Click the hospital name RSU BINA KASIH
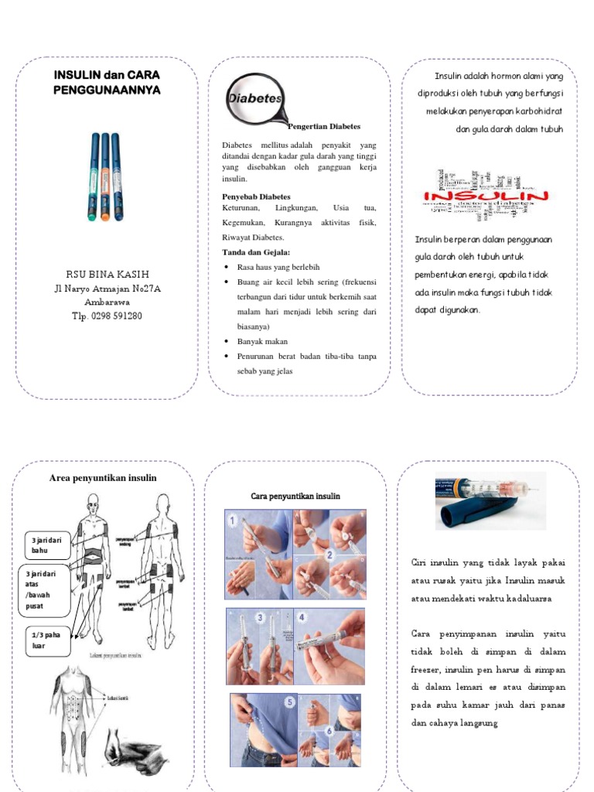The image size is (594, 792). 107,275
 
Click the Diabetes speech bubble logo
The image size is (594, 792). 254,100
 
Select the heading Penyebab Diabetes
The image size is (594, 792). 256,196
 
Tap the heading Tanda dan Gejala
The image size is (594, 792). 256,252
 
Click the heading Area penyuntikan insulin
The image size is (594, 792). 103,478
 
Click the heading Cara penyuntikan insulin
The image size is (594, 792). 295,496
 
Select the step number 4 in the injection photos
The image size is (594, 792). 301,619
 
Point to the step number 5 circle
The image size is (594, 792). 290,702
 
